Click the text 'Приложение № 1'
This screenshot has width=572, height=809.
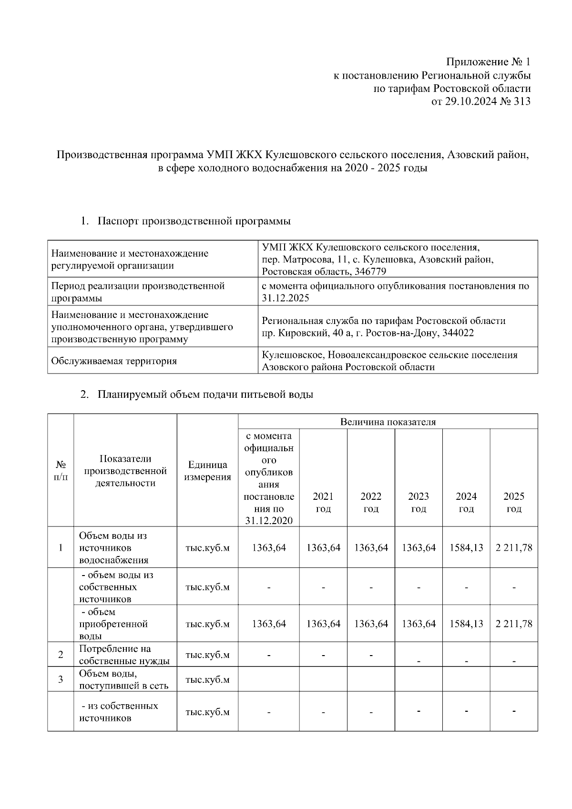[488, 62]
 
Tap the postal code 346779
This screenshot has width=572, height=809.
[370, 272]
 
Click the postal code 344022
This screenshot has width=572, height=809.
[456, 333]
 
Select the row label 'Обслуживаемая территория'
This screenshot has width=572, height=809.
[114, 361]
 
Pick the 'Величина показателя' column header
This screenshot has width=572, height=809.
[388, 422]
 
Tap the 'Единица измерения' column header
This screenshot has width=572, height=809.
[207, 471]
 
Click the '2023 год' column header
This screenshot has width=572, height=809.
[419, 503]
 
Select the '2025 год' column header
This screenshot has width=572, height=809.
[514, 503]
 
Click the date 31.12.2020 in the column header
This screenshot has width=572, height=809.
[268, 521]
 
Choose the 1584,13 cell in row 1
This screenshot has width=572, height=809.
[466, 547]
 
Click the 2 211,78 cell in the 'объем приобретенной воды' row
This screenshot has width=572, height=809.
[514, 624]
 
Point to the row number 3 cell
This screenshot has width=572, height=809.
[61, 679]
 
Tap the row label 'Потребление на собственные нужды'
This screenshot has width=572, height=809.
[124, 655]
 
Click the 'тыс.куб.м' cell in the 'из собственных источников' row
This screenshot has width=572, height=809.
[207, 712]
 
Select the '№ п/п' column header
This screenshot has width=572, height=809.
[61, 471]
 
